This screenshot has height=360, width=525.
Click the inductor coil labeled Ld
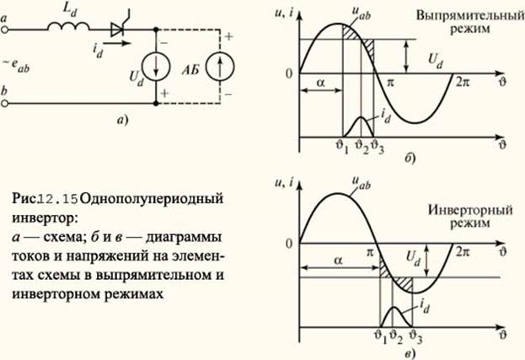pos(68,26)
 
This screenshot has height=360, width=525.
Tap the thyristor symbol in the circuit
pos(117,30)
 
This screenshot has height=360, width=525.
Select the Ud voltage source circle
pos(156,66)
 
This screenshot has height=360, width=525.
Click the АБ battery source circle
pos(220,67)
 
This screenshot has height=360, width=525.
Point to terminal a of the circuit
pos(4,30)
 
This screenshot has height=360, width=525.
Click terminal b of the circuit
pos(4,104)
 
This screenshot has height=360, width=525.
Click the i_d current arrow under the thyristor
pos(115,43)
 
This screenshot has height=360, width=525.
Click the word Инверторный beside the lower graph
pos(470,210)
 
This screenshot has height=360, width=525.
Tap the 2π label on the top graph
pos(463,83)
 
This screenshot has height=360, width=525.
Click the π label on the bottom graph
pos(369,252)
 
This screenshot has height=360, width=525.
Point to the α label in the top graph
pos(320,82)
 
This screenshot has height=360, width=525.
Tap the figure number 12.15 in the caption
pos(56,200)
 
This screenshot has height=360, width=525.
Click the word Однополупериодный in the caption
pos(152,200)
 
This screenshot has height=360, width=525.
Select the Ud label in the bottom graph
pos(413,258)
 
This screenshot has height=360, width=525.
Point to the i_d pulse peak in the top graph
pos(361,117)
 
